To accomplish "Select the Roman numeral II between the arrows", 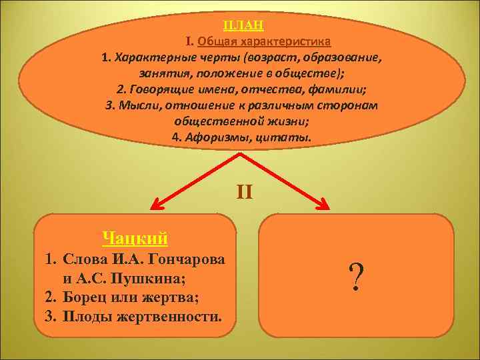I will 244,193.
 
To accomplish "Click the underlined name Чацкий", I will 135,237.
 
